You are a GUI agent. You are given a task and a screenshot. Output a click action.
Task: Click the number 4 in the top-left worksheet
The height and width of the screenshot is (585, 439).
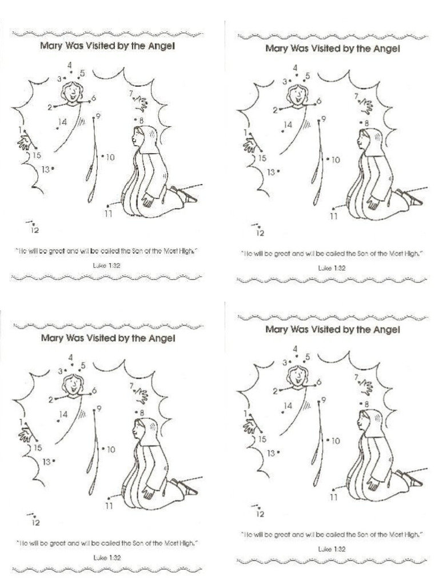[70, 64]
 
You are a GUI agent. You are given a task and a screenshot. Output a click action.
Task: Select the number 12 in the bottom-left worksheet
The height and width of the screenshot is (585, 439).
[35, 522]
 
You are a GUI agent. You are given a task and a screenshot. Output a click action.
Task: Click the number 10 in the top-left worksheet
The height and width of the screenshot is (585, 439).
[110, 157]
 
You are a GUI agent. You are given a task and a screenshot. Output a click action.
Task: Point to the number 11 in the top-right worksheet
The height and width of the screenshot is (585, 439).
[334, 217]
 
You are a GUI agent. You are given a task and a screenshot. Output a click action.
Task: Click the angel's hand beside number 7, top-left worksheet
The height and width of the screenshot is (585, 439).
[141, 103]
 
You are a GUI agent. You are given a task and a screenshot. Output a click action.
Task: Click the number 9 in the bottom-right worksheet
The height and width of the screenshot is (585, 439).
[324, 400]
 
